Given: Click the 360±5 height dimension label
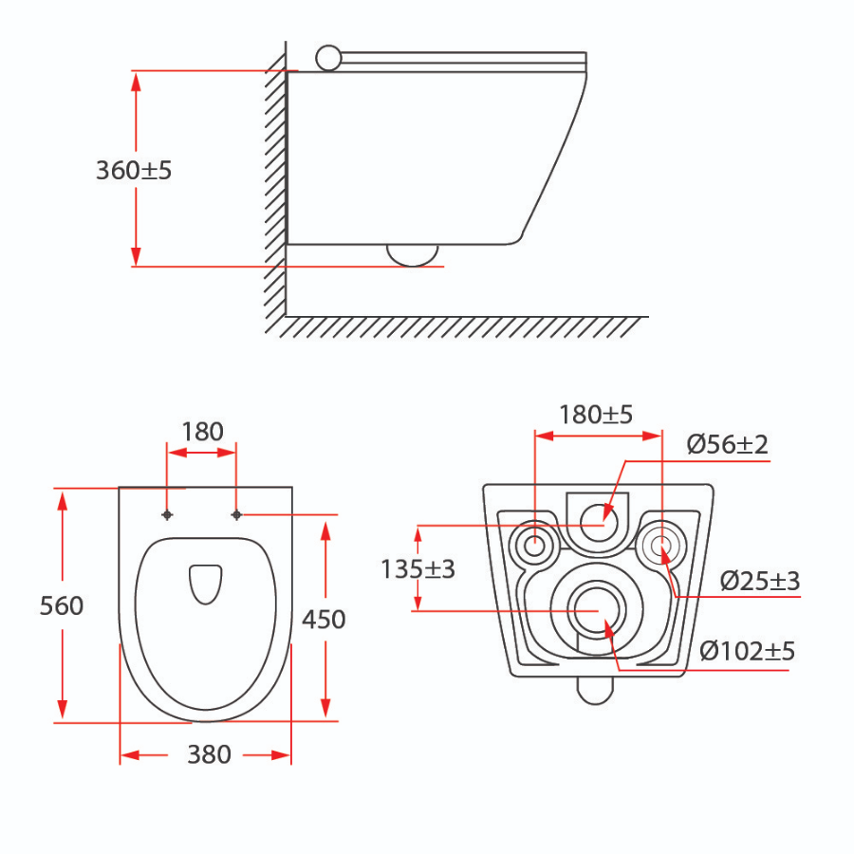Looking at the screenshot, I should [x=134, y=171].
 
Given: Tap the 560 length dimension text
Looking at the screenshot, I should [x=62, y=605].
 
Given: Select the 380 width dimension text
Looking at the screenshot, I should [x=208, y=754].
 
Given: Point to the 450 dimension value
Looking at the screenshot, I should [x=324, y=620].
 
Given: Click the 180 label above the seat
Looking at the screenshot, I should [x=201, y=432].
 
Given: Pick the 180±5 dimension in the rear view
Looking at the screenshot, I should [x=596, y=415].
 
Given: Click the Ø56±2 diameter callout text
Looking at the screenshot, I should [x=727, y=444].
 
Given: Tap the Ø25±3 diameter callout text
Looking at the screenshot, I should [x=759, y=581].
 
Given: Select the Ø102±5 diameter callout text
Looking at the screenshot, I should [x=747, y=651].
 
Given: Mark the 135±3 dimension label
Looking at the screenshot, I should [x=418, y=569].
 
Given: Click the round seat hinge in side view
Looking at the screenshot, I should [x=327, y=58].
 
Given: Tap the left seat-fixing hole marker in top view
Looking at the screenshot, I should [x=168, y=514].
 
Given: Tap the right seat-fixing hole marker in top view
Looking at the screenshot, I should [x=235, y=514].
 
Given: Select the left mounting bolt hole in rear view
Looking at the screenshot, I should [x=534, y=546].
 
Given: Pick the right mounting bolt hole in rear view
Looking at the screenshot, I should [x=661, y=545].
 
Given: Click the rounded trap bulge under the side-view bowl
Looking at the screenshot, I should [x=413, y=253].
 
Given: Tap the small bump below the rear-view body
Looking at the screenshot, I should [x=595, y=690].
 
